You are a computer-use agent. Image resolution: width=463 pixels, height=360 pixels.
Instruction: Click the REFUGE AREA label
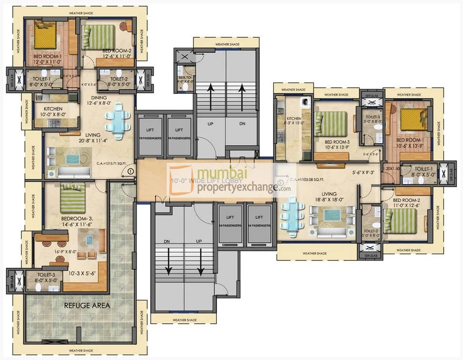(87, 305)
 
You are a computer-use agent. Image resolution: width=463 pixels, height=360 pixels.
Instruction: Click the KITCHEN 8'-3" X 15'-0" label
(294, 121)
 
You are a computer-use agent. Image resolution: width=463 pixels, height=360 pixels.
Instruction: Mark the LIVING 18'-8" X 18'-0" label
(329, 197)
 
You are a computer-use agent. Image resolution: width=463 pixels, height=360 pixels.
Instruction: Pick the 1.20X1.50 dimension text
(392, 169)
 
